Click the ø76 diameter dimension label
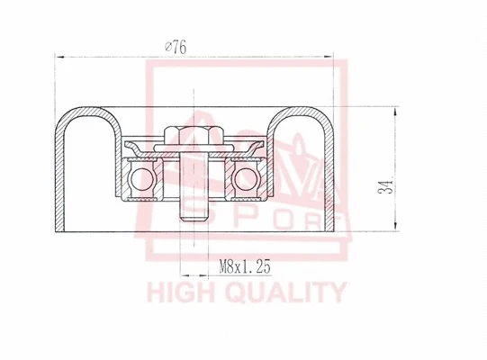(176, 48)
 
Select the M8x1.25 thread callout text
(245, 265)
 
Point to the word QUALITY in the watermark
(287, 292)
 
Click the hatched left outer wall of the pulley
(61, 180)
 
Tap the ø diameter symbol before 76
(168, 48)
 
